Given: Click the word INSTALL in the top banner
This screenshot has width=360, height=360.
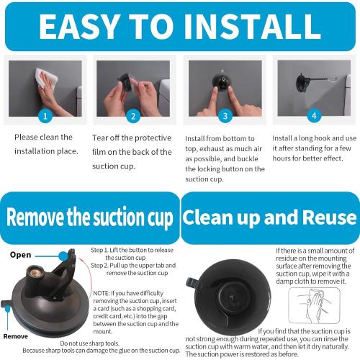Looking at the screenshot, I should (x=249, y=26).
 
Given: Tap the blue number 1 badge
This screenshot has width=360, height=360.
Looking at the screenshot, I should (x=45, y=115).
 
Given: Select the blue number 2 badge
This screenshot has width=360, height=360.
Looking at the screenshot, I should (x=132, y=115).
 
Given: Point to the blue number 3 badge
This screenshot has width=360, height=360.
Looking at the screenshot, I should (x=225, y=115).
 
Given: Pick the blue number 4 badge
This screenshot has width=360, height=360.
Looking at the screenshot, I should (x=313, y=115).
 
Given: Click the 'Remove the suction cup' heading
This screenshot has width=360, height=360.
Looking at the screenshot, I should (x=89, y=217).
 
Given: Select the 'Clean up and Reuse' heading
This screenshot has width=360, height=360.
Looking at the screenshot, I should (x=269, y=217).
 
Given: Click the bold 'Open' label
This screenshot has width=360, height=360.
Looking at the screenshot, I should (x=20, y=255).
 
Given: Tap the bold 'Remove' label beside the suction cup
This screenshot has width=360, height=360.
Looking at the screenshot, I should (x=15, y=336).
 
